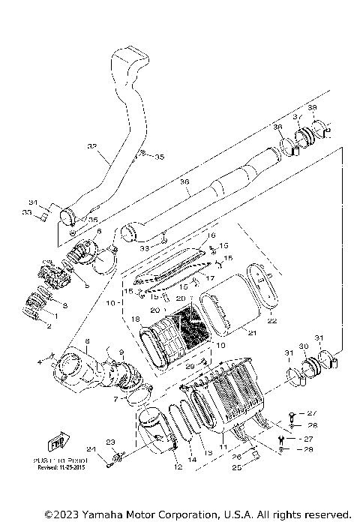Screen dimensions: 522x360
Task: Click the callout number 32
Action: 92,146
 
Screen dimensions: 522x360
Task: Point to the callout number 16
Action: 211,235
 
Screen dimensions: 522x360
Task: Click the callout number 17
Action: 211,278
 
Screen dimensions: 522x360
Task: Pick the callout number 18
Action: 135,319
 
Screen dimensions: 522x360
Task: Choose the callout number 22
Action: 272,320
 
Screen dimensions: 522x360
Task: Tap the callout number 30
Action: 304,346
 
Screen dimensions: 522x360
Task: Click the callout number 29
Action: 190,364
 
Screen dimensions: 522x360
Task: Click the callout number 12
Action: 178,467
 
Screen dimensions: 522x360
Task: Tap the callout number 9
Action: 121,352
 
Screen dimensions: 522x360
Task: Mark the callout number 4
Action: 49,362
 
